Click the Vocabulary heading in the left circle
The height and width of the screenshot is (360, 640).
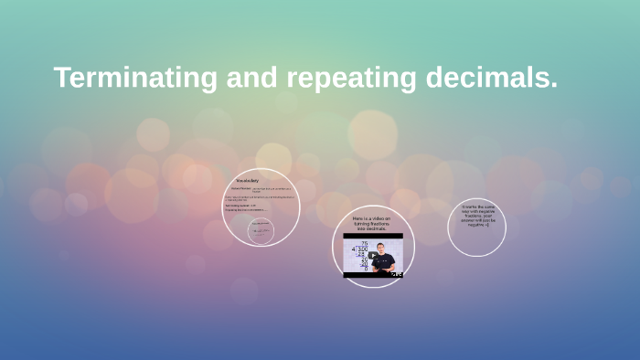click(x=247, y=181)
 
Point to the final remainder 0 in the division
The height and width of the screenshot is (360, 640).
click(x=365, y=270)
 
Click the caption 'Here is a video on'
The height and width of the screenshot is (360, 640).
click(x=372, y=219)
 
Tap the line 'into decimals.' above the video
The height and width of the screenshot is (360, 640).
click(x=372, y=228)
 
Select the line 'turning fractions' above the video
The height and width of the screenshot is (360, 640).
click(x=372, y=224)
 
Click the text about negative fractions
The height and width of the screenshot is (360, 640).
click(x=477, y=216)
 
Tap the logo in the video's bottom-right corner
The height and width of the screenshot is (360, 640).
click(x=396, y=273)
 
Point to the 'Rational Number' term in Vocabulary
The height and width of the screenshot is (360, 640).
click(x=240, y=188)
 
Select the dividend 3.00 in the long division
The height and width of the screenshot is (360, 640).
click(x=364, y=249)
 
